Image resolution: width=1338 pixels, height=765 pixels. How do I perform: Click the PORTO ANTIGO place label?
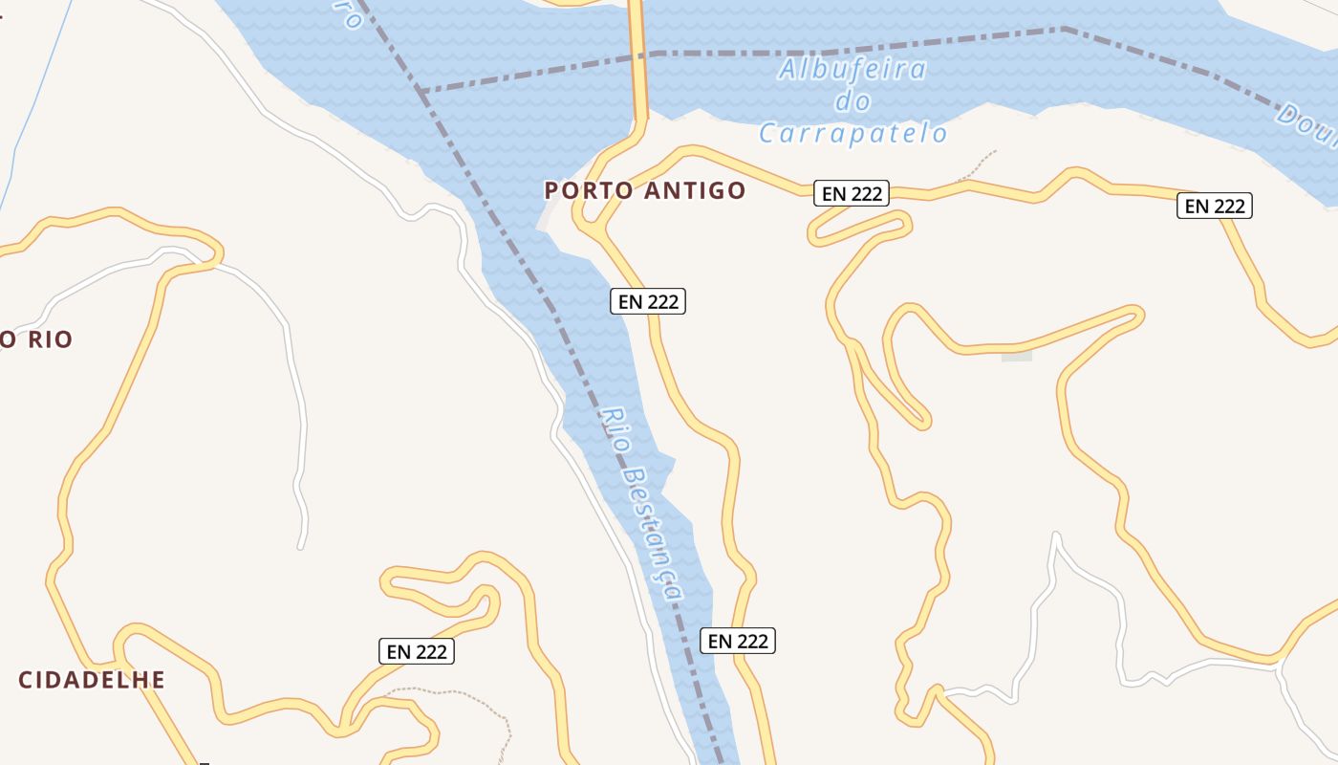(644, 190)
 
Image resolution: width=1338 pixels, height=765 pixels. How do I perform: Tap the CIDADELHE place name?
(92, 680)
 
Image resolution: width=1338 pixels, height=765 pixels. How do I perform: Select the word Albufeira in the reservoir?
(852, 70)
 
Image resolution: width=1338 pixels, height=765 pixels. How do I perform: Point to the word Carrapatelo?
(853, 133)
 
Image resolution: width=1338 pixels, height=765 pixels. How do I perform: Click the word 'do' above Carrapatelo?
(852, 101)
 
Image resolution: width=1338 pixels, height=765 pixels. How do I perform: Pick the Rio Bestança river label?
(642, 504)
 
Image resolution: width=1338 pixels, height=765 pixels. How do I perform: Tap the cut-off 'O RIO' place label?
(36, 339)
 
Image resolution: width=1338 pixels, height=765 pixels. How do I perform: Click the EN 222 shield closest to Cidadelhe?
(417, 651)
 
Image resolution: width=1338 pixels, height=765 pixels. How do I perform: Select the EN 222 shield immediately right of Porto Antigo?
(852, 193)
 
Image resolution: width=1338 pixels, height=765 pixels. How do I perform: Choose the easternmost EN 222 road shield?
(1214, 205)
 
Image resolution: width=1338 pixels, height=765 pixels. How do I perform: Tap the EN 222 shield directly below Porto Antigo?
(648, 301)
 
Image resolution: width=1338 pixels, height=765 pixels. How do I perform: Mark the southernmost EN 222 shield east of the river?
(737, 640)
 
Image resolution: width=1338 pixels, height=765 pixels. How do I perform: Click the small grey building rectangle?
(1017, 357)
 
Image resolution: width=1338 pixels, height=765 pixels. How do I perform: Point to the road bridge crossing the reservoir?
(637, 57)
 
